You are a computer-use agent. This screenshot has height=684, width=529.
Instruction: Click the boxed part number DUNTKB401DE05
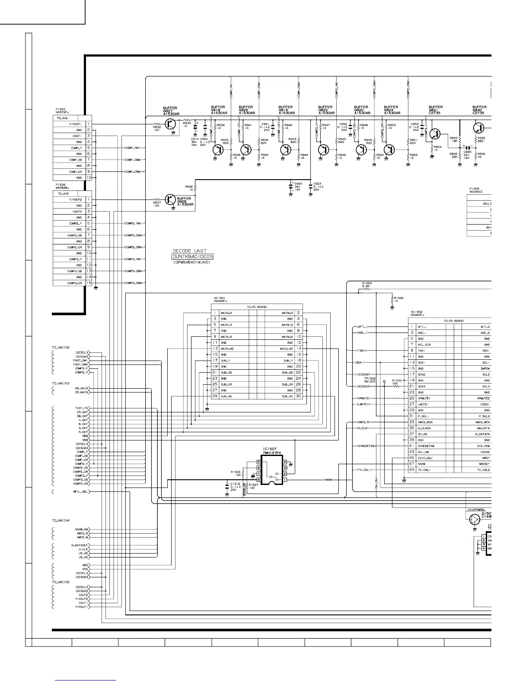[193, 256]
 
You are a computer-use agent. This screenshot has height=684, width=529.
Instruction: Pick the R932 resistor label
[157, 127]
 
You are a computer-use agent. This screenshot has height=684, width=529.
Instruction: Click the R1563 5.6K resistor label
[366, 284]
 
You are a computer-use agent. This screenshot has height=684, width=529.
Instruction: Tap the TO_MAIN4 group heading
[61, 520]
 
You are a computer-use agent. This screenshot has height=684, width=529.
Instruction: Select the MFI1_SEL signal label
[82, 492]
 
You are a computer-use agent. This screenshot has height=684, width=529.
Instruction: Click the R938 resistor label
[189, 188]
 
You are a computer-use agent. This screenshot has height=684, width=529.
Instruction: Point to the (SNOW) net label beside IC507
[328, 480]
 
